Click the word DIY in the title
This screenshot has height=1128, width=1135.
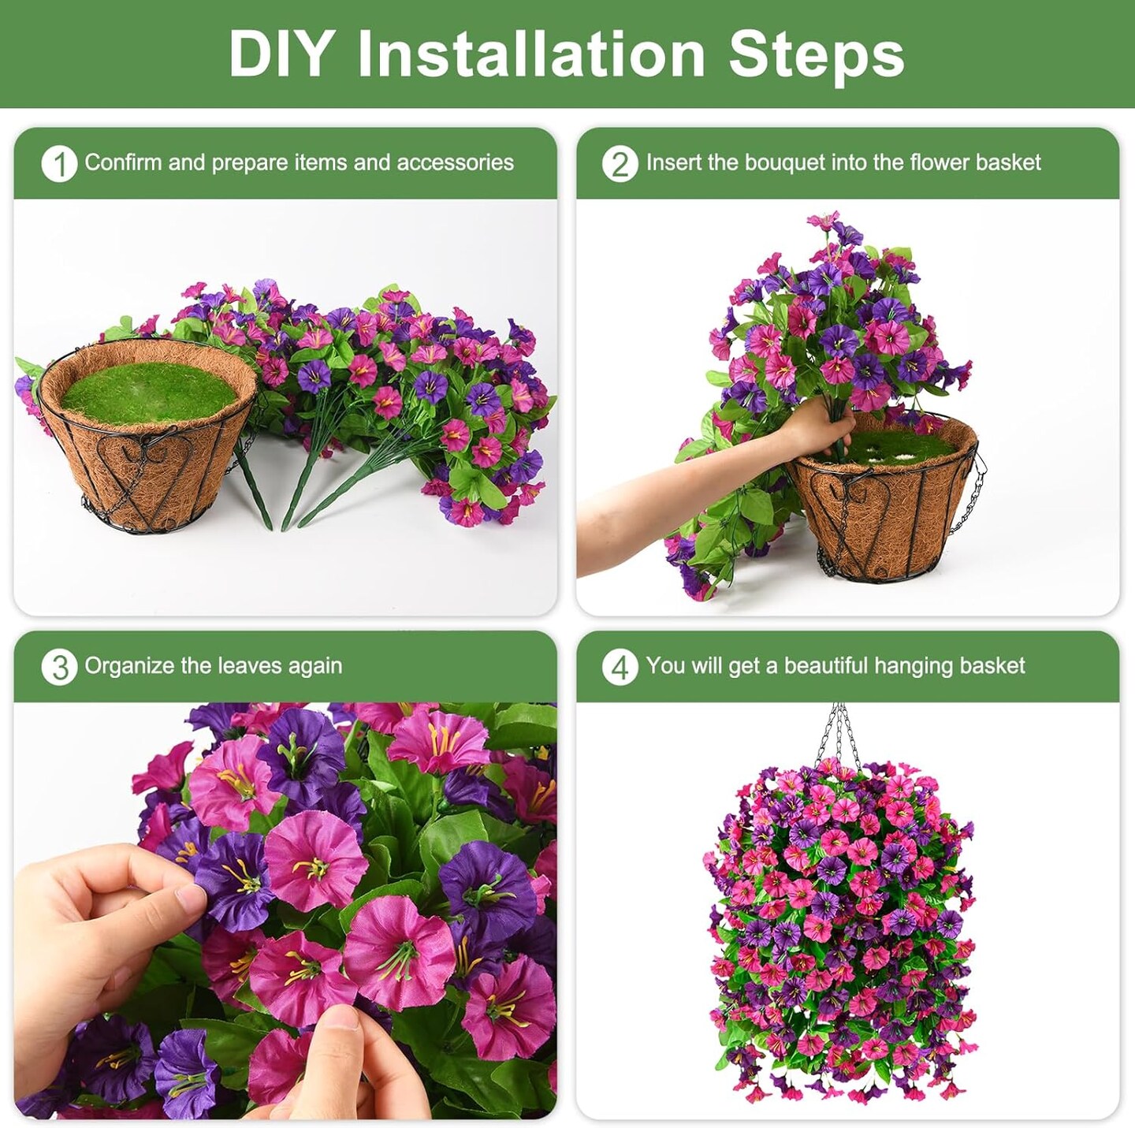pos(278,54)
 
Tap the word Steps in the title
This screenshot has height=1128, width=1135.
pos(817,54)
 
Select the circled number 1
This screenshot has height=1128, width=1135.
pos(59,163)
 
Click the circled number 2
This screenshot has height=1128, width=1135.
pos(620,163)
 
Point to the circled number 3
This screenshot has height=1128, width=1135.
pos(59,667)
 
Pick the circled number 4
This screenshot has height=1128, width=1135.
pos(620,667)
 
